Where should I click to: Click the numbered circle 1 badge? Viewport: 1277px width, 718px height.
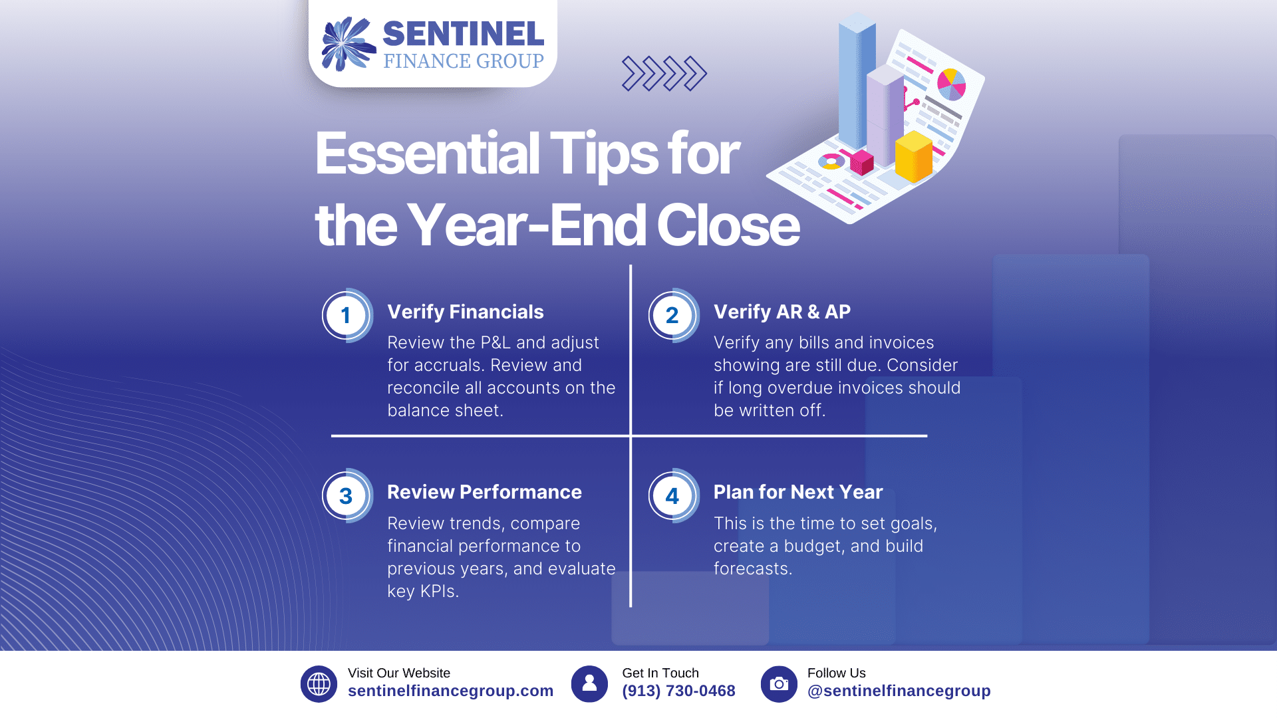(x=347, y=315)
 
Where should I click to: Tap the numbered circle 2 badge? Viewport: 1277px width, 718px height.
(x=673, y=315)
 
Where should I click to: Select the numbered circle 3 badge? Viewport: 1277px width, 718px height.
(x=347, y=496)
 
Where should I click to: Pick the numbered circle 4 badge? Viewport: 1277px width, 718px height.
(x=673, y=496)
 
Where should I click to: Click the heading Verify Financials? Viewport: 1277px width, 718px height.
(x=466, y=312)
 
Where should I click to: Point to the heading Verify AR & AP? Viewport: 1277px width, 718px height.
(x=782, y=312)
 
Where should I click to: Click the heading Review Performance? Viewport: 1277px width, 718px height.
(x=484, y=492)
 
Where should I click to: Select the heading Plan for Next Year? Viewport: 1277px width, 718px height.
(x=798, y=492)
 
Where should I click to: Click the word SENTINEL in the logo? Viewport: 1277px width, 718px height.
(x=464, y=34)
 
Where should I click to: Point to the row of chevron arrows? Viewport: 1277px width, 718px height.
(x=664, y=73)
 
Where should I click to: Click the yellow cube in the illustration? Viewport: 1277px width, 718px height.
(x=914, y=156)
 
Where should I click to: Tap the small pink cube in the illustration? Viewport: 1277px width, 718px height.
(x=862, y=162)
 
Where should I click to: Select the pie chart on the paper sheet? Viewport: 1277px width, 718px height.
(x=951, y=84)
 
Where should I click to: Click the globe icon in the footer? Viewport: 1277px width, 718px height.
(x=319, y=683)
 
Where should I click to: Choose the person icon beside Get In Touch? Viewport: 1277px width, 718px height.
(x=589, y=683)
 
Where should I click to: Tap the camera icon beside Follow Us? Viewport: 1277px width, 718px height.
(x=779, y=683)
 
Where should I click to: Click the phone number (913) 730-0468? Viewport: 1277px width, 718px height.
(x=678, y=691)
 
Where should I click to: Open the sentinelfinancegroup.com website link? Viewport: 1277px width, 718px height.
(x=450, y=691)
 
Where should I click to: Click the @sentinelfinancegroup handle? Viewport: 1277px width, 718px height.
(x=899, y=691)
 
